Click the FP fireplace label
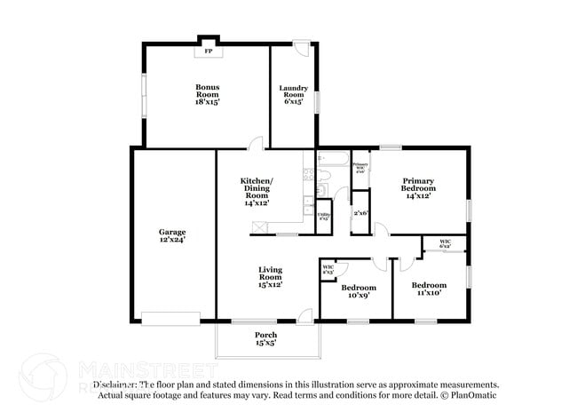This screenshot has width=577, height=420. pos(209,52)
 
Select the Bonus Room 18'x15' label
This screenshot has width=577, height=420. pos(208,94)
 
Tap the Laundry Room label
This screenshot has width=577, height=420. pos(293,94)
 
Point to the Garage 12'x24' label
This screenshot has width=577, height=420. pos(172,235)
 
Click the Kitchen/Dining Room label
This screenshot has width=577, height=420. pos(257,192)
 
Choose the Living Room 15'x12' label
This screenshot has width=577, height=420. pos(270,277)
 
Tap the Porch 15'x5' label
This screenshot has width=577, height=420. pos(266,338)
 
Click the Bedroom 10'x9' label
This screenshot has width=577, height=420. pos(359,291)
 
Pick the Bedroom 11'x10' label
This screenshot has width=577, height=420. pos(428,289)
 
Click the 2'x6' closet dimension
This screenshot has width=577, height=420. pos(360,213)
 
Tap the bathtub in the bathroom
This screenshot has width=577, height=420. pos(333,162)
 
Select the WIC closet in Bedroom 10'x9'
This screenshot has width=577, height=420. pos(328,268)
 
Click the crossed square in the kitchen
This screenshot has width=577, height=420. pos(260,227)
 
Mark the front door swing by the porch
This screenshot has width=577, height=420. pos(304,313)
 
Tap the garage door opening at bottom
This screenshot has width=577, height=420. pos(170,318)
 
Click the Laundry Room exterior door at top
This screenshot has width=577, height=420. pos(303,47)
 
